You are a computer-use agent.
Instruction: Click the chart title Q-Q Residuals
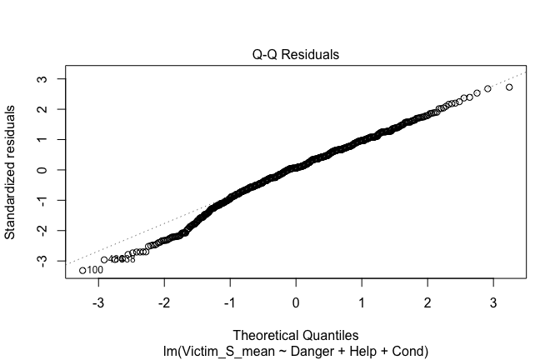pos(296,55)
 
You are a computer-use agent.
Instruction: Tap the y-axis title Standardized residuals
pos(12,171)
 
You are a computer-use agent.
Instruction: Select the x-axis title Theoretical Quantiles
pos(296,333)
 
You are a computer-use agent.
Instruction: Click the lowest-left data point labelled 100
pos(82,270)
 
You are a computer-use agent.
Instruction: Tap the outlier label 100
pos(95,270)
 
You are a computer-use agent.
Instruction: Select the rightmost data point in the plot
pos(509,87)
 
